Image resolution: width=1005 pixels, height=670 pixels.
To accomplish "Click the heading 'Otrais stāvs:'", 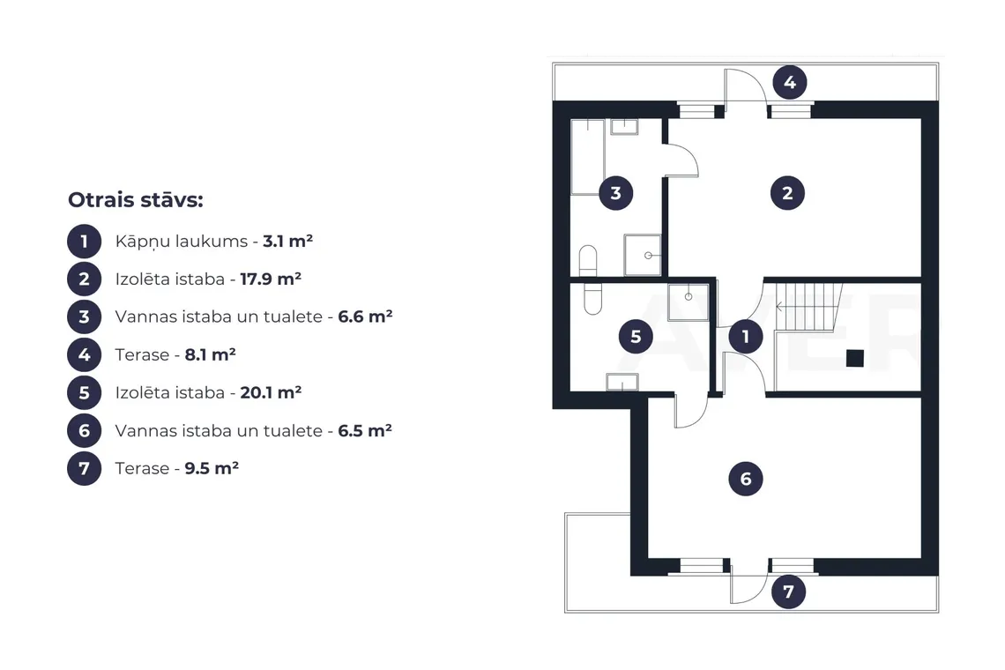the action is point(135,200).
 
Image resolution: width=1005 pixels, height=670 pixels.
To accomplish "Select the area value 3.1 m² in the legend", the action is point(287,241).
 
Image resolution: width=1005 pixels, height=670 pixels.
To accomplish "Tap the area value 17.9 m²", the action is point(271,279).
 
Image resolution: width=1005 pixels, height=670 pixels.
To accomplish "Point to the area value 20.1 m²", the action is point(271,392).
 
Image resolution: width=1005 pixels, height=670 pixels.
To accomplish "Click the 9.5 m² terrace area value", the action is point(212,468).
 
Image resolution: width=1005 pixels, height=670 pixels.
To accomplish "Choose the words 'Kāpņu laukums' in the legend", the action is point(182,242).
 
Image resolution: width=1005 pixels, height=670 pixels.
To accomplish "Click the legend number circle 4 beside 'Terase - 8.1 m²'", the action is point(84,354).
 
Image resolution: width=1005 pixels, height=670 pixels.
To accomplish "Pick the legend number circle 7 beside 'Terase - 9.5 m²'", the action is point(84,468).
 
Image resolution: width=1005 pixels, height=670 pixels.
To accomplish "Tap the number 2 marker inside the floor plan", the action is point(787,193).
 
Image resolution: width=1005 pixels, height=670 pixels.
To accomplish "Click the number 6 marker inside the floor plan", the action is point(746,479).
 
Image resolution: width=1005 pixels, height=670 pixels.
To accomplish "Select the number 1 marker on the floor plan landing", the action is point(746,337).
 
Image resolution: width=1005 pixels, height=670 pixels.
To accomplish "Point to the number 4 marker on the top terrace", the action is point(789,82).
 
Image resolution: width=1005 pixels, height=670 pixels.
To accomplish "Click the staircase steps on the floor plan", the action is point(808,307).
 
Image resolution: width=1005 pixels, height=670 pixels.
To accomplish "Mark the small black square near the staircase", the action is point(854,358).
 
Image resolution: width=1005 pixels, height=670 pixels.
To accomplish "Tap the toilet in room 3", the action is point(588,260).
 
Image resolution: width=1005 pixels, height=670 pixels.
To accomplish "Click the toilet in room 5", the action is point(593,299).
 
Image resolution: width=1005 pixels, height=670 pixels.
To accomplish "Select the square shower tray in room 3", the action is point(642,255).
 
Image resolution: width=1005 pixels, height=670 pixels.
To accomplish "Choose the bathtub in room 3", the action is point(588,156).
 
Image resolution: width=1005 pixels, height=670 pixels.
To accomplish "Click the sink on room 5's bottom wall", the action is point(622,382).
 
